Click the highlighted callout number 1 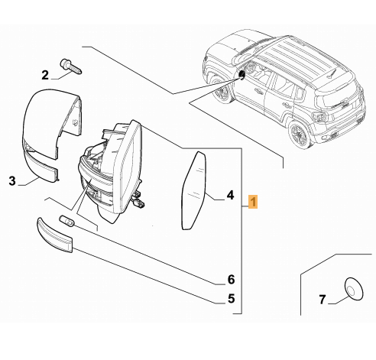click(253, 202)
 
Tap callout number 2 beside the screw click(45, 75)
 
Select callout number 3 click(12, 181)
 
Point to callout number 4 click(230, 195)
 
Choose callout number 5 click(231, 298)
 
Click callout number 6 click(231, 280)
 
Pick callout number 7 click(323, 300)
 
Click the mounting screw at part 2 click(71, 66)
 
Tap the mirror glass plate click(194, 190)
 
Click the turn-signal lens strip click(55, 235)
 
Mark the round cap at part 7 click(354, 288)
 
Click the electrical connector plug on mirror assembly click(138, 200)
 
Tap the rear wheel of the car click(300, 135)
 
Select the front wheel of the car click(221, 92)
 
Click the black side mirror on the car click(241, 74)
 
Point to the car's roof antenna click(330, 73)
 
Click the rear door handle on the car click(285, 105)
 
